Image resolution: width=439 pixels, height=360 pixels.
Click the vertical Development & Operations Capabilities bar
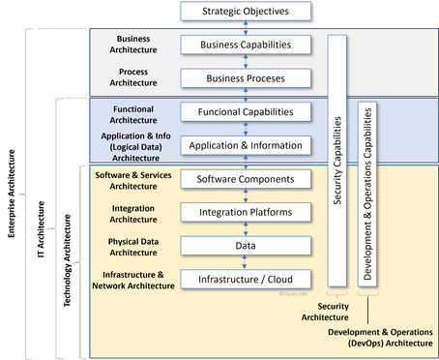(x=367, y=194)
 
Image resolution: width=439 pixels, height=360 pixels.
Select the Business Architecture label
(x=133, y=45)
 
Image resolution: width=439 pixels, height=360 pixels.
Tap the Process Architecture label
(x=133, y=77)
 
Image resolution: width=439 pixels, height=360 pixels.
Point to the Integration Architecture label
(x=133, y=213)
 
